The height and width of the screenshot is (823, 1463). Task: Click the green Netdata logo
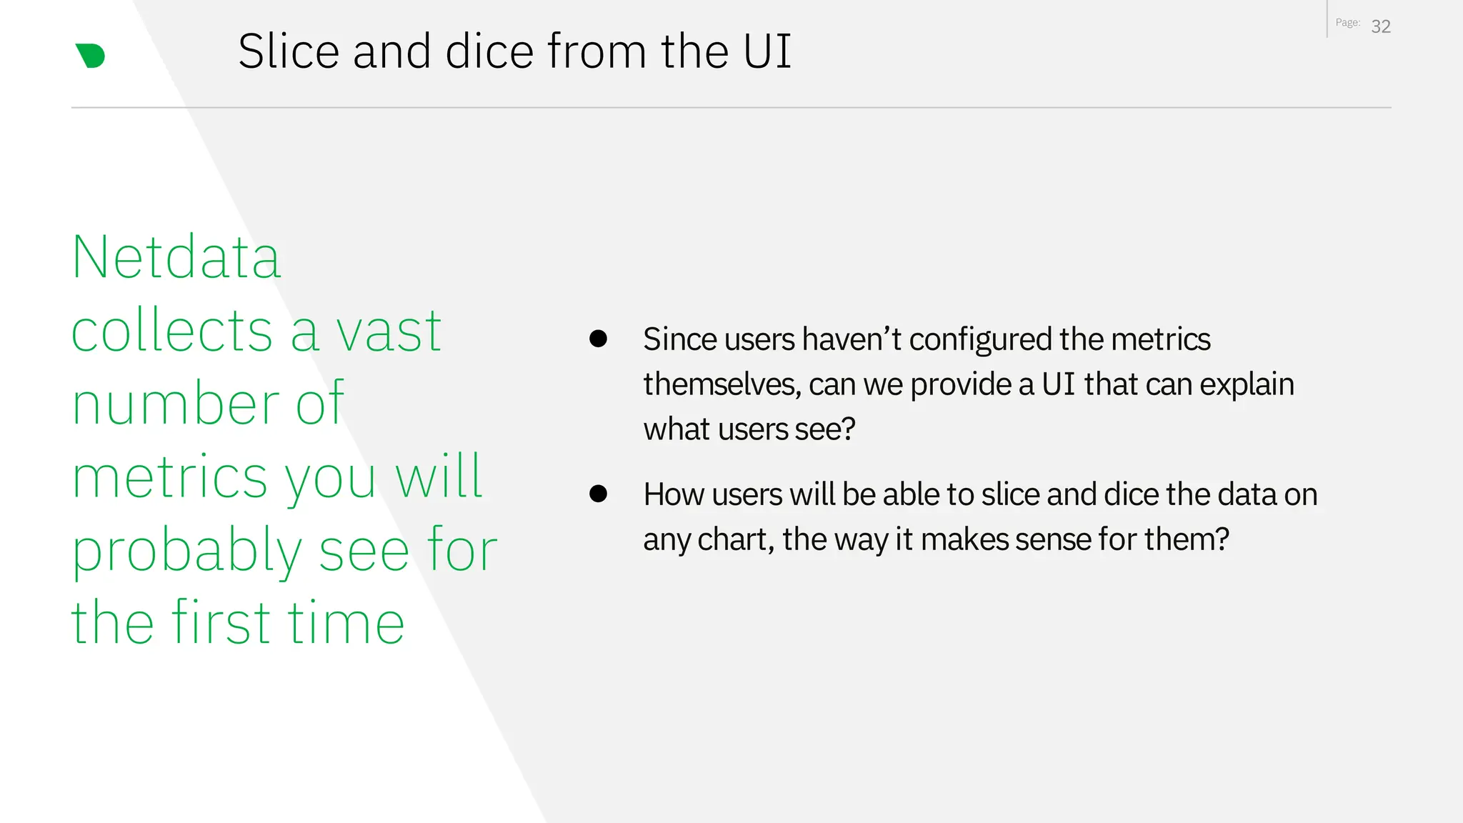click(91, 56)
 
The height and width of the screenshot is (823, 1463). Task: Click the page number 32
click(1381, 26)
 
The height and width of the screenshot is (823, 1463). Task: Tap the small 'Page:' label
click(1347, 23)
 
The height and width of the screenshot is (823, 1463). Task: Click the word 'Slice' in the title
click(289, 51)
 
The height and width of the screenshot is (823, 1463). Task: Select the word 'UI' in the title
click(767, 51)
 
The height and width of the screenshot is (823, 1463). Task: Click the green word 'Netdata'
click(176, 257)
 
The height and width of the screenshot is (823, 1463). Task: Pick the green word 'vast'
click(389, 332)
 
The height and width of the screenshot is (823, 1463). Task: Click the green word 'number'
click(176, 404)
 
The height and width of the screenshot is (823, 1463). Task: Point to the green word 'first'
click(221, 622)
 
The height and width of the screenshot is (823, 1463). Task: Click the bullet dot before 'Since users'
click(598, 339)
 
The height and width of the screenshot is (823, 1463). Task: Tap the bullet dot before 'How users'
click(598, 494)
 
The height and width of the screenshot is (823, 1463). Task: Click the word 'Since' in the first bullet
click(679, 339)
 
